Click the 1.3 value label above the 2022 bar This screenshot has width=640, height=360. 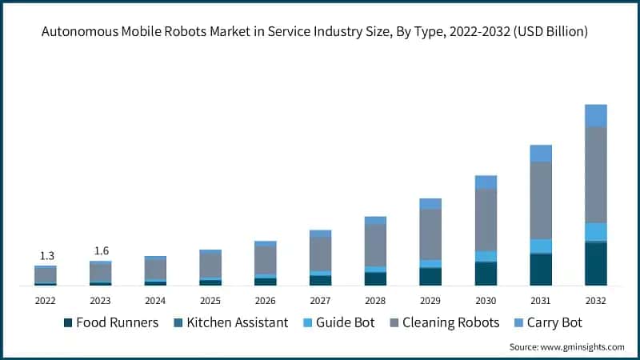pos(46,256)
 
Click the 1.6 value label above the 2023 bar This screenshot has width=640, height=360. pos(101,251)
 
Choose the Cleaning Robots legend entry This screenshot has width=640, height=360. pos(444,322)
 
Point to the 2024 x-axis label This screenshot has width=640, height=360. pos(156,301)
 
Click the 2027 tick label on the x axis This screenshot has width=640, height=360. pos(321,301)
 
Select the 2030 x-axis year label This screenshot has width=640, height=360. pos(486,301)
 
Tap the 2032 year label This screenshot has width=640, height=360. pos(595,301)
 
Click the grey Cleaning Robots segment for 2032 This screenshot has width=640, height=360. pos(595,174)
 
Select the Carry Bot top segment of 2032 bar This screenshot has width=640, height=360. pos(595,115)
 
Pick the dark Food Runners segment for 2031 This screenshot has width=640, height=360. pos(541,269)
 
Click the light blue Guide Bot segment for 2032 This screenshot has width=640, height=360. pos(595,231)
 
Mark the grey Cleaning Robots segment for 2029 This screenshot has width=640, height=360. pos(430,234)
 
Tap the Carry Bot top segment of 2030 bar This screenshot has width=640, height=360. pos(486,182)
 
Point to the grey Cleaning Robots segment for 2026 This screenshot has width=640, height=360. pos(266,260)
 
